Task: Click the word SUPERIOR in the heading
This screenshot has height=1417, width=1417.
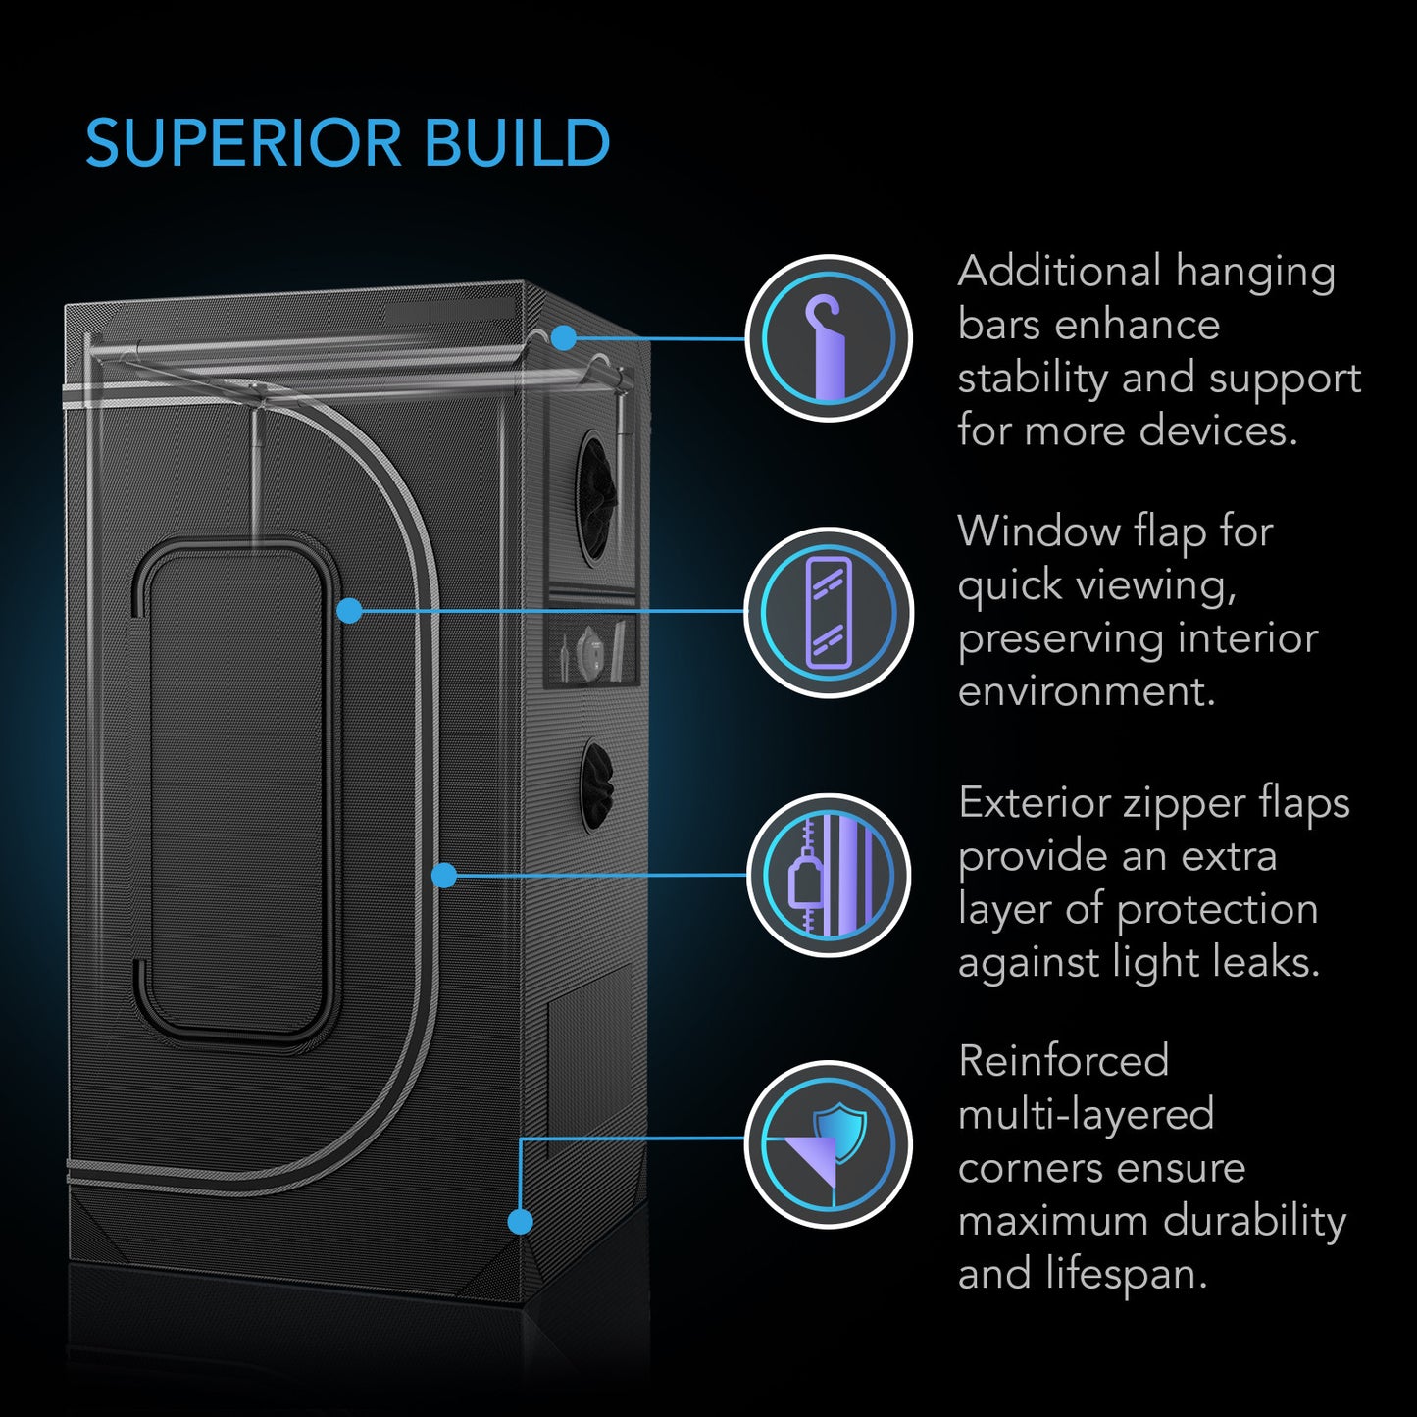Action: click(x=243, y=143)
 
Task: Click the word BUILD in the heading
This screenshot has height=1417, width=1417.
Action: click(x=517, y=143)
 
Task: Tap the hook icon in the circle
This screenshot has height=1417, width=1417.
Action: click(x=829, y=338)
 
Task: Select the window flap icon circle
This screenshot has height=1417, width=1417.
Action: click(x=829, y=612)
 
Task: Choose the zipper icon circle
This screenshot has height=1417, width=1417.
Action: click(x=829, y=876)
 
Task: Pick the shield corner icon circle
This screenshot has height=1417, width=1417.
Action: click(x=829, y=1143)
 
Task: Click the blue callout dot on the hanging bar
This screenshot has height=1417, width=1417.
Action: click(x=563, y=338)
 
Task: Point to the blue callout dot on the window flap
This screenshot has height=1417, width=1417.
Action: click(x=349, y=611)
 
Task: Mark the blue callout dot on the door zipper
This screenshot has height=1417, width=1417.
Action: click(x=444, y=875)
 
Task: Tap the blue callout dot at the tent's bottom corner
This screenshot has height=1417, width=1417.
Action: click(x=520, y=1221)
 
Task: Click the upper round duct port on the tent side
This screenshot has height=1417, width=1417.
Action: click(x=595, y=487)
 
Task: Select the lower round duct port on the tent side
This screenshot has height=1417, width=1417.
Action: click(x=595, y=785)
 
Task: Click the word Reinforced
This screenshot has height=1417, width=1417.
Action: click(x=1063, y=1061)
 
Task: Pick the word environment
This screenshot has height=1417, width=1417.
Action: click(x=1087, y=691)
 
